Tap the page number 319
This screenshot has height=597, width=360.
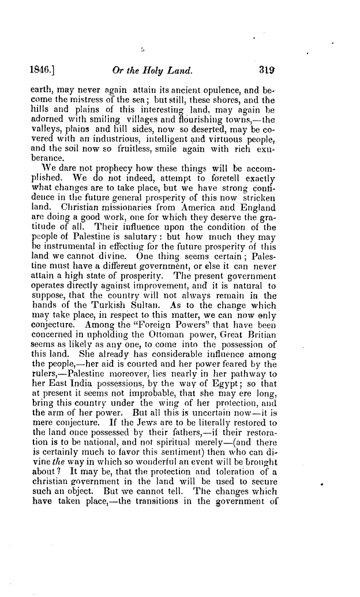coord(267,72)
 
